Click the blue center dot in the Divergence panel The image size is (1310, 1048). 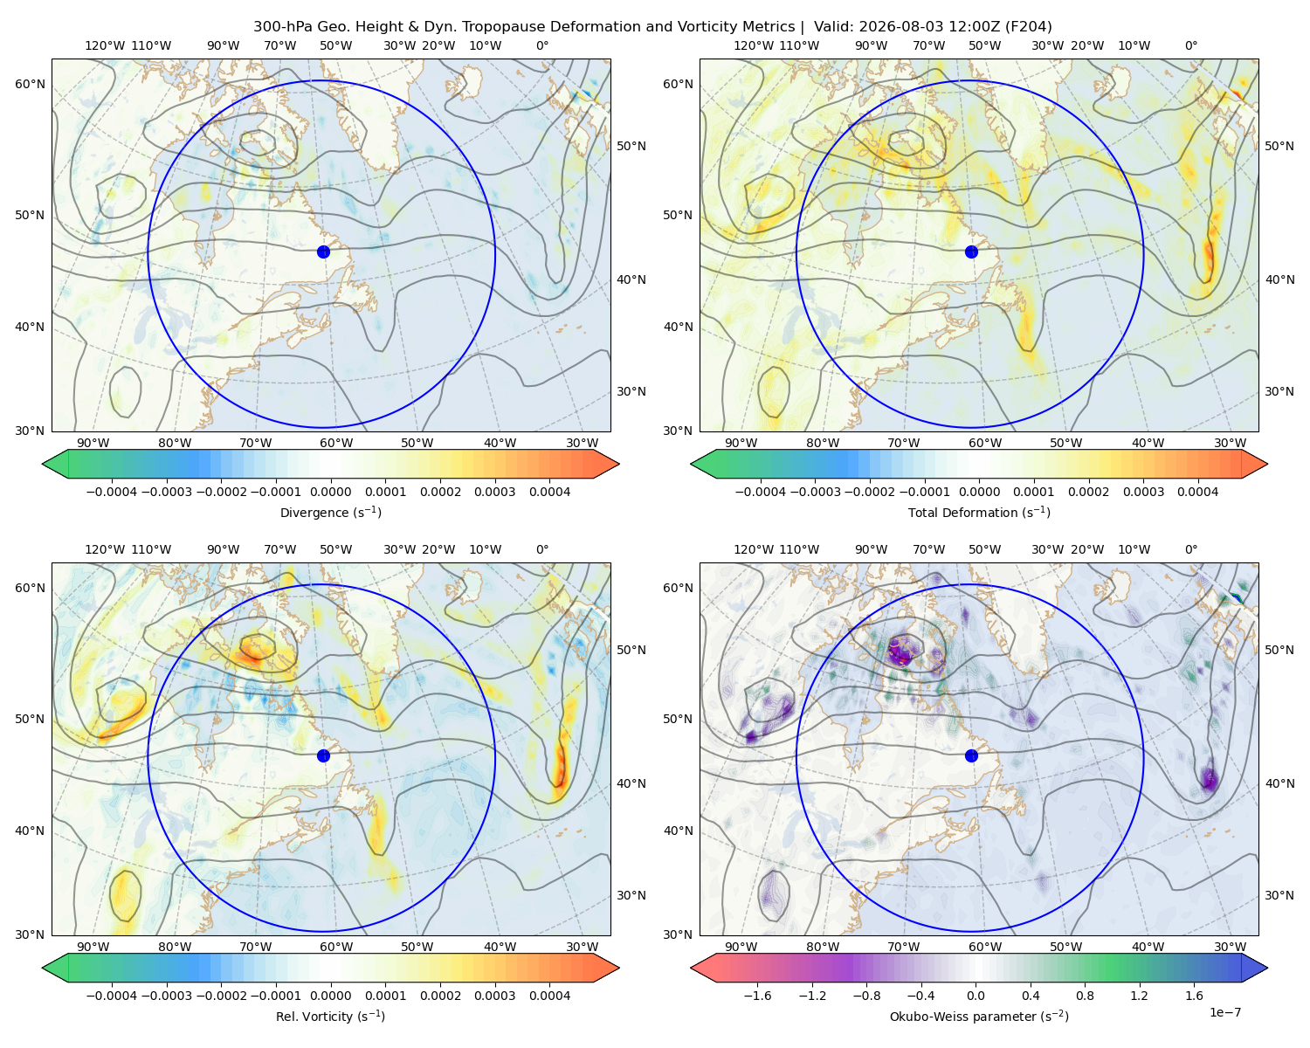tap(323, 252)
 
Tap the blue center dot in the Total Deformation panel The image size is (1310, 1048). tap(971, 252)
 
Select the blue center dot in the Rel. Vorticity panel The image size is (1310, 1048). tap(323, 755)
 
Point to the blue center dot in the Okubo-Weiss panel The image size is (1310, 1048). tap(971, 755)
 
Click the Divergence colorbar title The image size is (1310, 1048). tap(330, 512)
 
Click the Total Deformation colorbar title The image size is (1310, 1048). tap(979, 512)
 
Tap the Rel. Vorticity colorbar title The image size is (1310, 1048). tap(330, 1017)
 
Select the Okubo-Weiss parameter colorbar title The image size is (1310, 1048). tap(979, 1017)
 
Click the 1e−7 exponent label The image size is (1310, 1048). tap(1224, 1012)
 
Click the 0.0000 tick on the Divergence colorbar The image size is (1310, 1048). tap(330, 492)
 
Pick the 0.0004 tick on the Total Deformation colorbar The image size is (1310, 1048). tap(1197, 492)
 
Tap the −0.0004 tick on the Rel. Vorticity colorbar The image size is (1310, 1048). tap(112, 996)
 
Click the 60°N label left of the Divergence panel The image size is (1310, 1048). tap(30, 84)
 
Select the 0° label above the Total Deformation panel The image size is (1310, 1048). tap(1190, 45)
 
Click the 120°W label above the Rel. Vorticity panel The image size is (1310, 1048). tap(105, 549)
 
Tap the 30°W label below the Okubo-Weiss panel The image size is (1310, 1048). tap(1230, 947)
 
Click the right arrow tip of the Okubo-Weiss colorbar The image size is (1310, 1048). tap(1267, 968)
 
